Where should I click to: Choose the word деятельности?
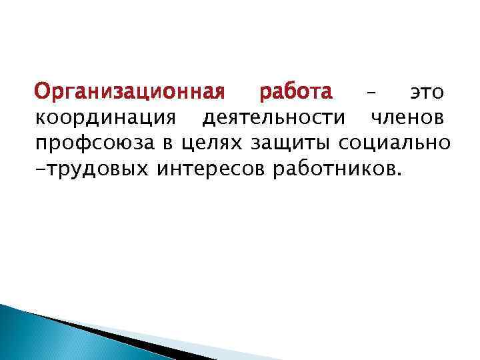pyautogui.click(x=274, y=118)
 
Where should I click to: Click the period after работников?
pyautogui.click(x=399, y=175)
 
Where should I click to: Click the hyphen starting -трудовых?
pyautogui.click(x=39, y=170)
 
